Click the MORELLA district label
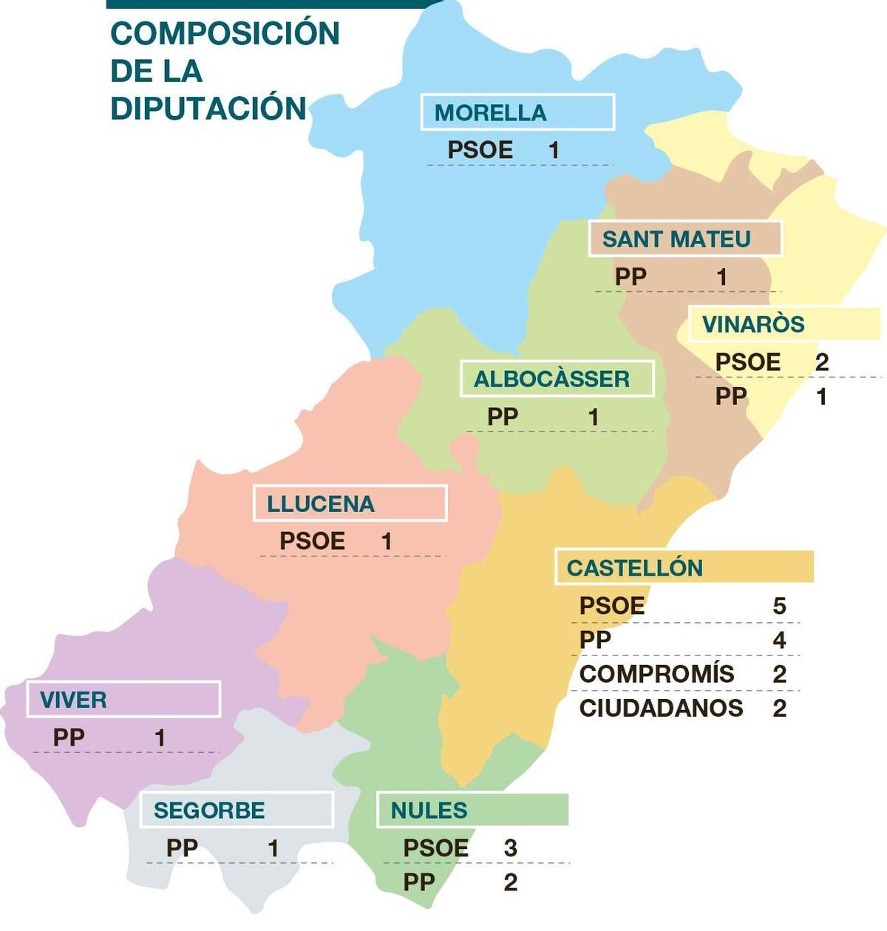(x=491, y=113)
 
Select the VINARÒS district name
(x=753, y=324)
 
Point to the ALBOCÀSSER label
(x=551, y=379)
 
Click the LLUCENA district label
(x=321, y=504)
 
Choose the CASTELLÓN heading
(x=635, y=567)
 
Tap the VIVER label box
(x=73, y=700)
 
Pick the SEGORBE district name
(x=209, y=811)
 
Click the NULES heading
(x=429, y=811)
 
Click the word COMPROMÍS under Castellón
(x=656, y=674)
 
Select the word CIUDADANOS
(x=661, y=708)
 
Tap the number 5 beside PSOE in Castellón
(x=779, y=607)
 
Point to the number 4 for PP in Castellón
(x=779, y=640)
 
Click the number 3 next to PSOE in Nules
(x=510, y=848)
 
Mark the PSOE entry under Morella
(x=480, y=150)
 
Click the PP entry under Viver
(x=69, y=737)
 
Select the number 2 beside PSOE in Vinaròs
(x=821, y=362)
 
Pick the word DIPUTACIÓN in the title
(x=208, y=108)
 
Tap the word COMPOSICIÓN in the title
(x=225, y=33)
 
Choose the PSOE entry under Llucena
(x=312, y=541)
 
